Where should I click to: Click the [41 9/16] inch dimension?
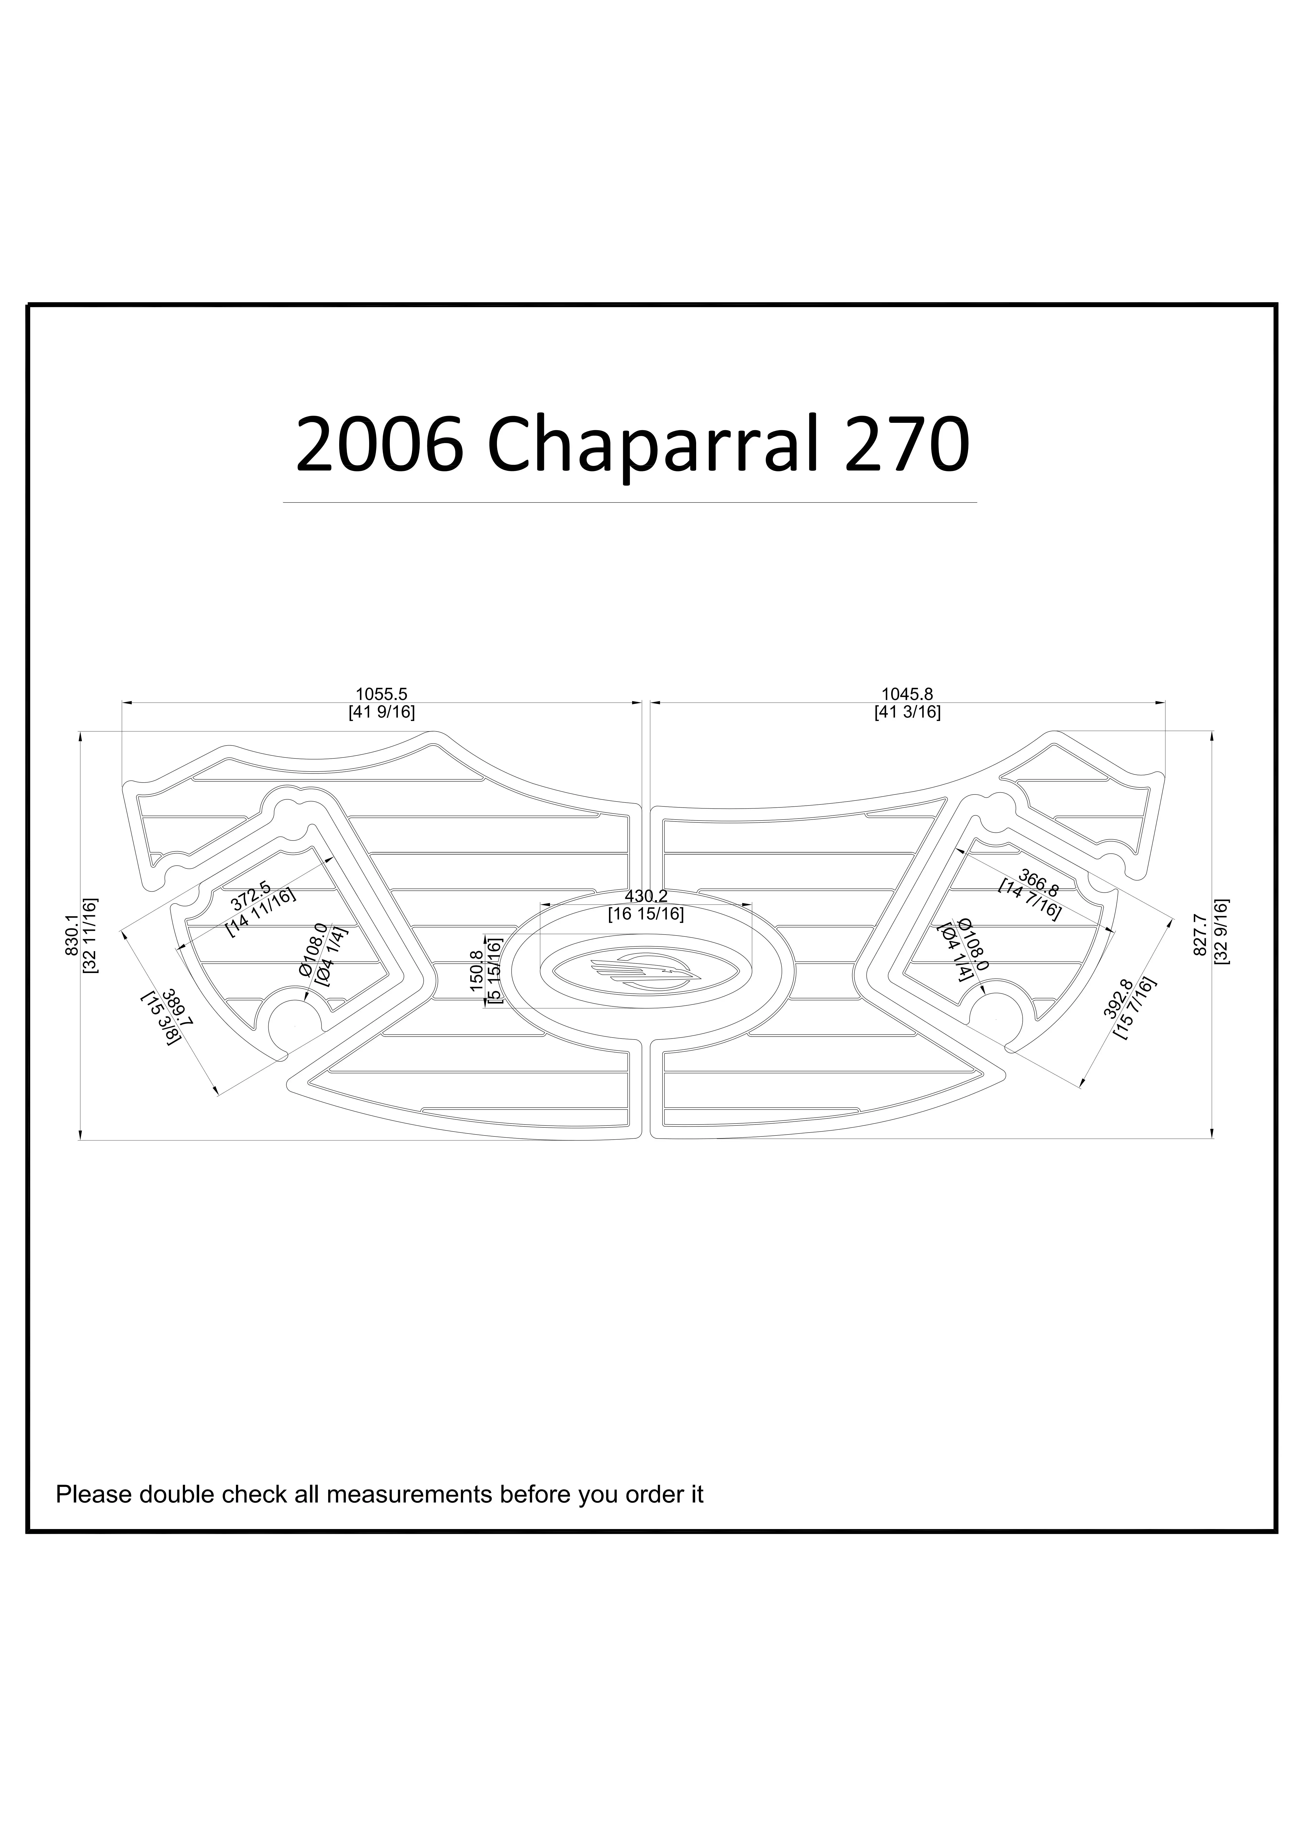coord(381,713)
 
